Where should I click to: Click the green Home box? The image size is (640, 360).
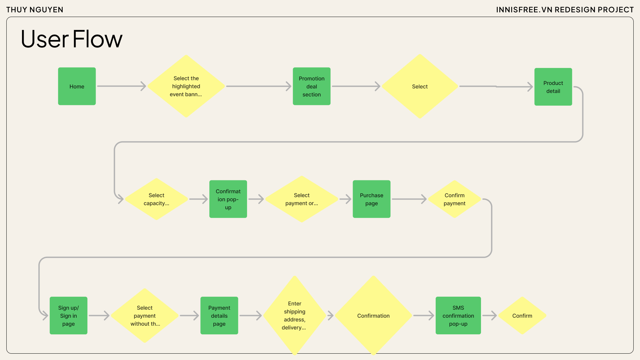(x=77, y=86)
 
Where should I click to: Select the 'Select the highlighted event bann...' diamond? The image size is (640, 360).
(x=186, y=86)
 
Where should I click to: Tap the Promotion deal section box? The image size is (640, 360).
(x=311, y=86)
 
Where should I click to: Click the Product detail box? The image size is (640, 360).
(x=553, y=87)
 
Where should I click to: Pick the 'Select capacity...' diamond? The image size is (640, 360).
(x=156, y=199)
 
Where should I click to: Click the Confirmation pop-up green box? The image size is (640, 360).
(x=228, y=199)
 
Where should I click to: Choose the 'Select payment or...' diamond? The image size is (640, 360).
(x=301, y=199)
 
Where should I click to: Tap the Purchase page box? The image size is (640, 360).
(x=371, y=199)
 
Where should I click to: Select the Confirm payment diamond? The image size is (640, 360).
(x=454, y=199)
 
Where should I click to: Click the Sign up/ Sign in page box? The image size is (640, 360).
(x=68, y=316)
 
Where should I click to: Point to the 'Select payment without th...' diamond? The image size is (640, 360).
(x=145, y=316)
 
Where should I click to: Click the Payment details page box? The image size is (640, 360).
(x=219, y=316)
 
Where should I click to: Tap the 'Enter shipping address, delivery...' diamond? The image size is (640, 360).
(x=294, y=316)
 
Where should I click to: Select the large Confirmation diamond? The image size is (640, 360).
(x=373, y=316)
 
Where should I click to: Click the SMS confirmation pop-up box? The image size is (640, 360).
(x=458, y=316)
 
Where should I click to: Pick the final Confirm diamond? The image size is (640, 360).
(x=522, y=316)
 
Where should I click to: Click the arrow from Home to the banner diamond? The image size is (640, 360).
(x=121, y=86)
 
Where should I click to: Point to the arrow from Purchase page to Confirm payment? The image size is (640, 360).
(x=409, y=199)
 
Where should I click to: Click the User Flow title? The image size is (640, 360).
(x=71, y=39)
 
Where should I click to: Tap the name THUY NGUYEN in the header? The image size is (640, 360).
(x=35, y=10)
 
